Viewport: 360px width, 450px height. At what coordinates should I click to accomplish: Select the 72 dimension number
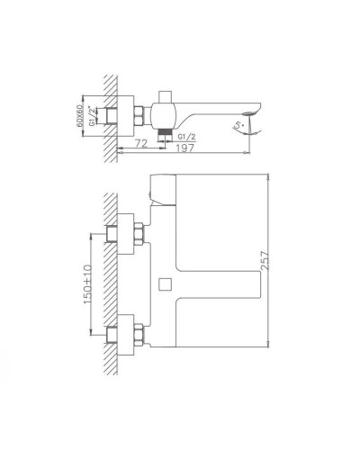[x=140, y=144]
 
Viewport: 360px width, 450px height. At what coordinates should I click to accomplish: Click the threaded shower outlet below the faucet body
[x=166, y=134]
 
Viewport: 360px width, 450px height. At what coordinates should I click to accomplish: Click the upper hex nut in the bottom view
[x=140, y=233]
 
